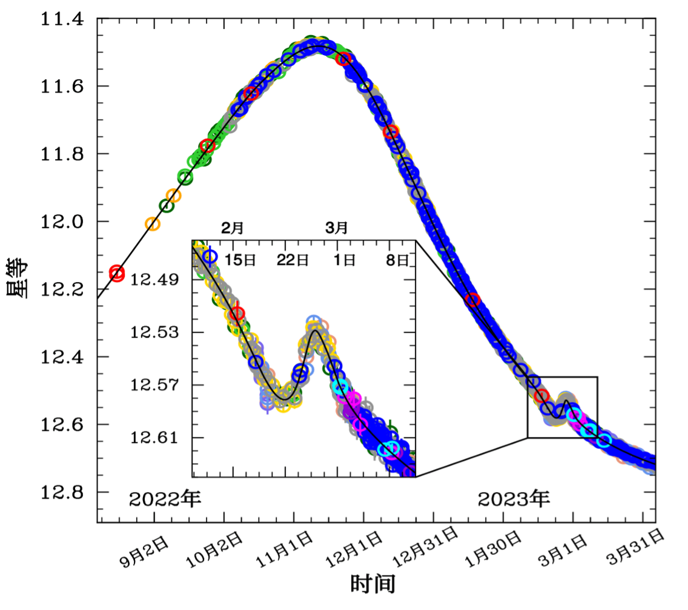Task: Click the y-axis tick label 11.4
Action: (62, 19)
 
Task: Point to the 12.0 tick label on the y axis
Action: (62, 222)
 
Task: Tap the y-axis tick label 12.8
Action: (62, 492)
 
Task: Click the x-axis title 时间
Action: (373, 584)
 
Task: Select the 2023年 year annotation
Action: (514, 499)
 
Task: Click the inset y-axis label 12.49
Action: (155, 280)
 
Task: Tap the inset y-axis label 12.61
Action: (155, 438)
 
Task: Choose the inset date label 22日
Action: (293, 260)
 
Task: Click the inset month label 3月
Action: (337, 229)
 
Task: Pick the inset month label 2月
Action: (232, 229)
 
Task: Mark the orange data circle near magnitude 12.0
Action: (153, 224)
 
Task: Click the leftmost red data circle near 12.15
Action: (116, 273)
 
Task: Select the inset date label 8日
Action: (398, 260)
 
